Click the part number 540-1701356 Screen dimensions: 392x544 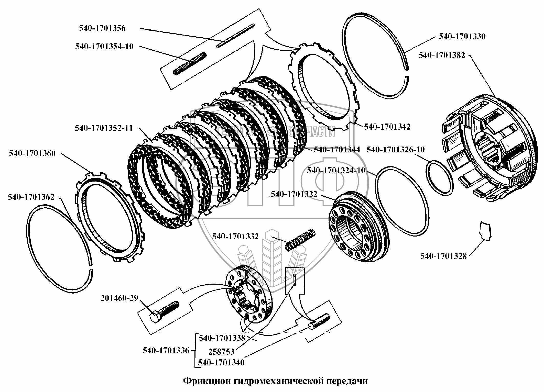[x=102, y=28]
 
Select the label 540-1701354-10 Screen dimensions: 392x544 [x=104, y=47]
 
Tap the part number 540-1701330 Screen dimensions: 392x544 [x=462, y=37]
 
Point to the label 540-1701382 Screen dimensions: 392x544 [x=442, y=55]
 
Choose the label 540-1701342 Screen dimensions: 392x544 [x=387, y=127]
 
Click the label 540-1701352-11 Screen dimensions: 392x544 [x=104, y=128]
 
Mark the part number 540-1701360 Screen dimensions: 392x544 [x=32, y=153]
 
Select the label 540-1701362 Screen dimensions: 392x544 [x=31, y=197]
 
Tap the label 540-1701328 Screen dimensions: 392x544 [x=443, y=256]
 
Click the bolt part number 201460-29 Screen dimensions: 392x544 [x=119, y=298]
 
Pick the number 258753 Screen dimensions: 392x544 [x=221, y=352]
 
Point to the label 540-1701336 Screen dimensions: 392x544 [x=166, y=350]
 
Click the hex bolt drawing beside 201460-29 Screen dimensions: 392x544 [x=164, y=311]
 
